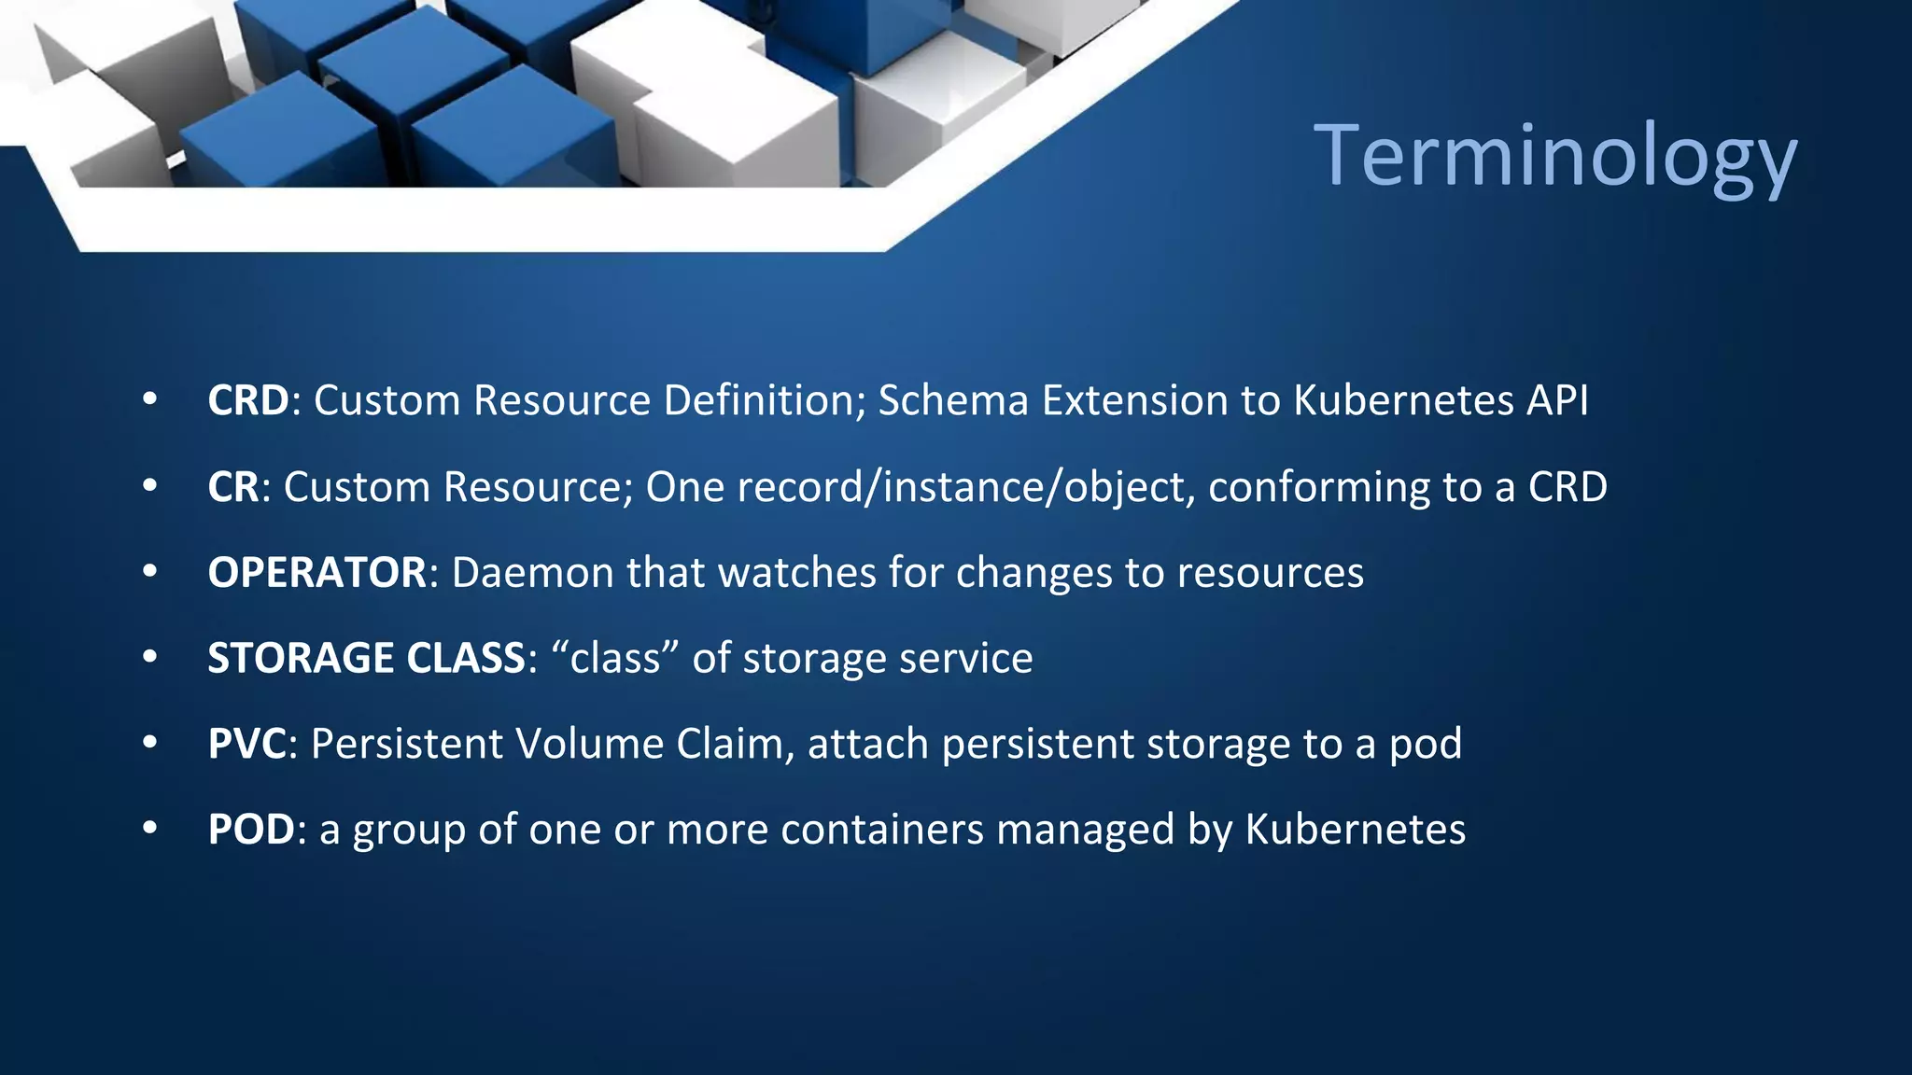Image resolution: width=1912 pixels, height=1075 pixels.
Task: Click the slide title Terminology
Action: tap(1554, 155)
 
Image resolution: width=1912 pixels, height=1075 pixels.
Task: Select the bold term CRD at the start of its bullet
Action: tap(248, 400)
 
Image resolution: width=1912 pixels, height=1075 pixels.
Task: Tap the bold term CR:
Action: tap(233, 487)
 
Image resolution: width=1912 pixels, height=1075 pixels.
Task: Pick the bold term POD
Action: tap(251, 830)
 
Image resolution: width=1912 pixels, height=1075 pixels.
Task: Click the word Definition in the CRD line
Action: tap(765, 400)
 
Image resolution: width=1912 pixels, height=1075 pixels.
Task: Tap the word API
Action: tap(1557, 400)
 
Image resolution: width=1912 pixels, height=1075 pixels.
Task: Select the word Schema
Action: tap(953, 400)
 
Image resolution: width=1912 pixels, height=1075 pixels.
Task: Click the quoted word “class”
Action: tap(615, 659)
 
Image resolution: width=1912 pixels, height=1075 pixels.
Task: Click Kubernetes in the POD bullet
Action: tap(1356, 830)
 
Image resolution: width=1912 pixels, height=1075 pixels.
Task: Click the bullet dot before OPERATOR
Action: tap(150, 572)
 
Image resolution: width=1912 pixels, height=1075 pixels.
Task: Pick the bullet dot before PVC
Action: tap(150, 744)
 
